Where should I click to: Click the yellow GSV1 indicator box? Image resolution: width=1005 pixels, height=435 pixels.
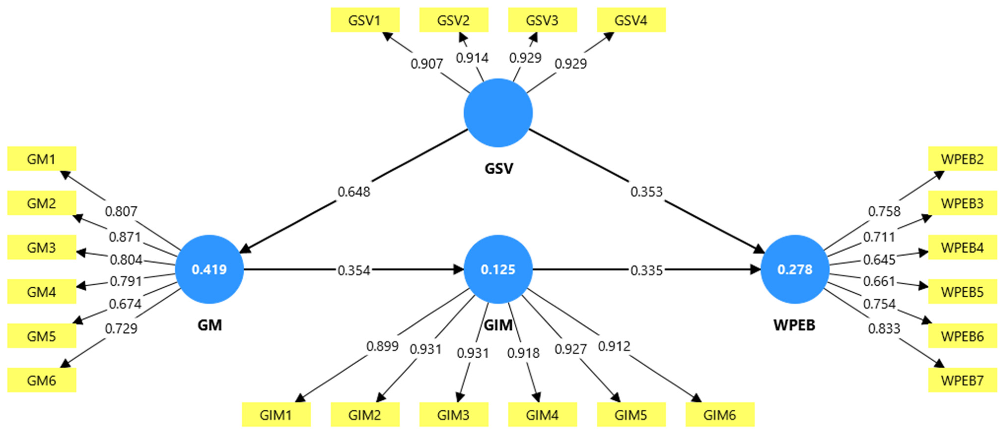(365, 20)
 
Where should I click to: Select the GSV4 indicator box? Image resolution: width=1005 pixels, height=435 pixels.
(631, 20)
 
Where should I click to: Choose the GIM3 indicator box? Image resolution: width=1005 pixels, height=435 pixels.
(453, 415)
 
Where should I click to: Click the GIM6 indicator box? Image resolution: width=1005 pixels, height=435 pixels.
(720, 415)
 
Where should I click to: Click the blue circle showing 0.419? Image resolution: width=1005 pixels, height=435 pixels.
(209, 269)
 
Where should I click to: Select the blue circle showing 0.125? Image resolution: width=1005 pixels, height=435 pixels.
(498, 269)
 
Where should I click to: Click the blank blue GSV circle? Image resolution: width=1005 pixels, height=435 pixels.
(498, 113)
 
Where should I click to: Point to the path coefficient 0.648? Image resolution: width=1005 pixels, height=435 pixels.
(354, 192)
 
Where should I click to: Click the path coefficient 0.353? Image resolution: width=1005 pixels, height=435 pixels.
(646, 192)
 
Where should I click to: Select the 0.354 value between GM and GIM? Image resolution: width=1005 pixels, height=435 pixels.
(354, 270)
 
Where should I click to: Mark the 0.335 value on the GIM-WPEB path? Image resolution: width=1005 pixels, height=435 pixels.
(646, 270)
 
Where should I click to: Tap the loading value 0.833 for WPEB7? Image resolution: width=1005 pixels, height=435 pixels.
(884, 328)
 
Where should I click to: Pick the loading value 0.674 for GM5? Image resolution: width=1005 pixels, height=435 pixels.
(125, 304)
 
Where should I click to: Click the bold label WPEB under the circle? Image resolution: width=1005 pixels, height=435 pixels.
(794, 325)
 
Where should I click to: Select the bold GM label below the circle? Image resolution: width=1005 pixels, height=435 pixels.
(209, 325)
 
